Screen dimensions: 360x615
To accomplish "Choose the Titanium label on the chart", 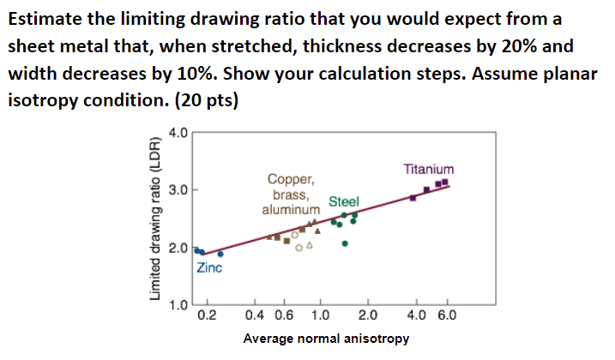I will point(429,169).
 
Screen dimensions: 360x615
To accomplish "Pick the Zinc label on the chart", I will point(210,268).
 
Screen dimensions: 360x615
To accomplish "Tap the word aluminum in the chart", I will point(292,208).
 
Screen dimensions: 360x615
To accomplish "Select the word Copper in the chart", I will point(292,180).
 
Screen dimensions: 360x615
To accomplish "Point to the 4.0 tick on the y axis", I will point(178,133).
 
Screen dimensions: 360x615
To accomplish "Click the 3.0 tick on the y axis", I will point(178,190).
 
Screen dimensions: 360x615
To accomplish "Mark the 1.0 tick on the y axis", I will point(178,304).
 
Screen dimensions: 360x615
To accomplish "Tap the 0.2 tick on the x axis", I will point(207,315).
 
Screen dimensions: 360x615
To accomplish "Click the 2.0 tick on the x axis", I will point(366,315).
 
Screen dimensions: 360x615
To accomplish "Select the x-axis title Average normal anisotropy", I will point(326,339).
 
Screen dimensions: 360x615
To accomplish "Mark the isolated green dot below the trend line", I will point(345,243).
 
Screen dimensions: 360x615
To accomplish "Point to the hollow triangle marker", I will point(309,247).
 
